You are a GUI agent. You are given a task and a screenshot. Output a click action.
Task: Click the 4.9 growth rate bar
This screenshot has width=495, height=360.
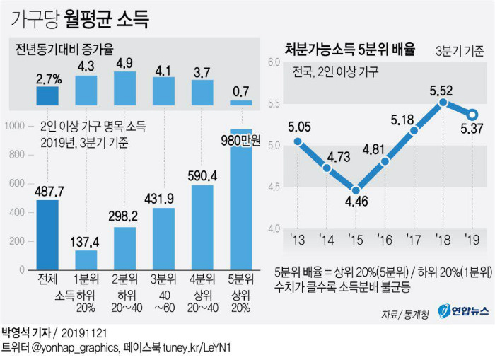124,88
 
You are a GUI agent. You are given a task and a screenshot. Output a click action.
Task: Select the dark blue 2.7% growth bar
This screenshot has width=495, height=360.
47,96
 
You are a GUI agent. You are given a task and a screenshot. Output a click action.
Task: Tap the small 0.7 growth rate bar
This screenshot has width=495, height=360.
241,103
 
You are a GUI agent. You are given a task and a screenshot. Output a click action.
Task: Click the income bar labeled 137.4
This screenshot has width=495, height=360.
86,260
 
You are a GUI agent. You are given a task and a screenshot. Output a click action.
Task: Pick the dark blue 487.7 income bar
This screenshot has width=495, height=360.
47,235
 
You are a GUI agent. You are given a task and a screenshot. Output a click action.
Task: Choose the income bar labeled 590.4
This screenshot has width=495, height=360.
202,228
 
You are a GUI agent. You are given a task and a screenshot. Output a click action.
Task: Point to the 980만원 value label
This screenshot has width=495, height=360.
240,141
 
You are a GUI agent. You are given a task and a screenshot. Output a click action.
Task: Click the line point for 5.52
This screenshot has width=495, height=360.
443,103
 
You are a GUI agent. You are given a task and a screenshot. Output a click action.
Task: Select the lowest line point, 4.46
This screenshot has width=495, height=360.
356,190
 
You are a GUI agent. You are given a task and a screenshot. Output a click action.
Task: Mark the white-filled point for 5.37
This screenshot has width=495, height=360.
472,115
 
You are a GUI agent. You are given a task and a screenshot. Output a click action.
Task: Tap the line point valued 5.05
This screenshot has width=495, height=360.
298,141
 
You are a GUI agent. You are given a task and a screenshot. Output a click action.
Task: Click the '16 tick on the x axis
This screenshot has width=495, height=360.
384,240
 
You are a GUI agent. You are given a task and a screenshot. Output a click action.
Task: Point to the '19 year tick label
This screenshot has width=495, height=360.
472,240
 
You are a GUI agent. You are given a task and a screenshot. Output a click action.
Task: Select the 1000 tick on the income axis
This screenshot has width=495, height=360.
15,126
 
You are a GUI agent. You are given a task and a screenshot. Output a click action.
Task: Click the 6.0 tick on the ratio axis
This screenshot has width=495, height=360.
274,62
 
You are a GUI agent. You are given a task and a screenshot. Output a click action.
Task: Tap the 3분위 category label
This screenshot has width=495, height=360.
163,279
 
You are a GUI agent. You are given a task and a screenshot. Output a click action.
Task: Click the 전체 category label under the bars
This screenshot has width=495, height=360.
47,279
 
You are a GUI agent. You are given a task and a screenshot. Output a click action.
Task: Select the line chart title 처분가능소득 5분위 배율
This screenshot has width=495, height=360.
350,50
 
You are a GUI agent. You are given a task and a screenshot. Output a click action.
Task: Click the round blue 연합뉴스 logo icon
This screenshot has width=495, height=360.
444,310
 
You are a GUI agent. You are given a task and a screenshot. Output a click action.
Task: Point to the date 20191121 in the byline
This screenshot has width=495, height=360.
84,333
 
